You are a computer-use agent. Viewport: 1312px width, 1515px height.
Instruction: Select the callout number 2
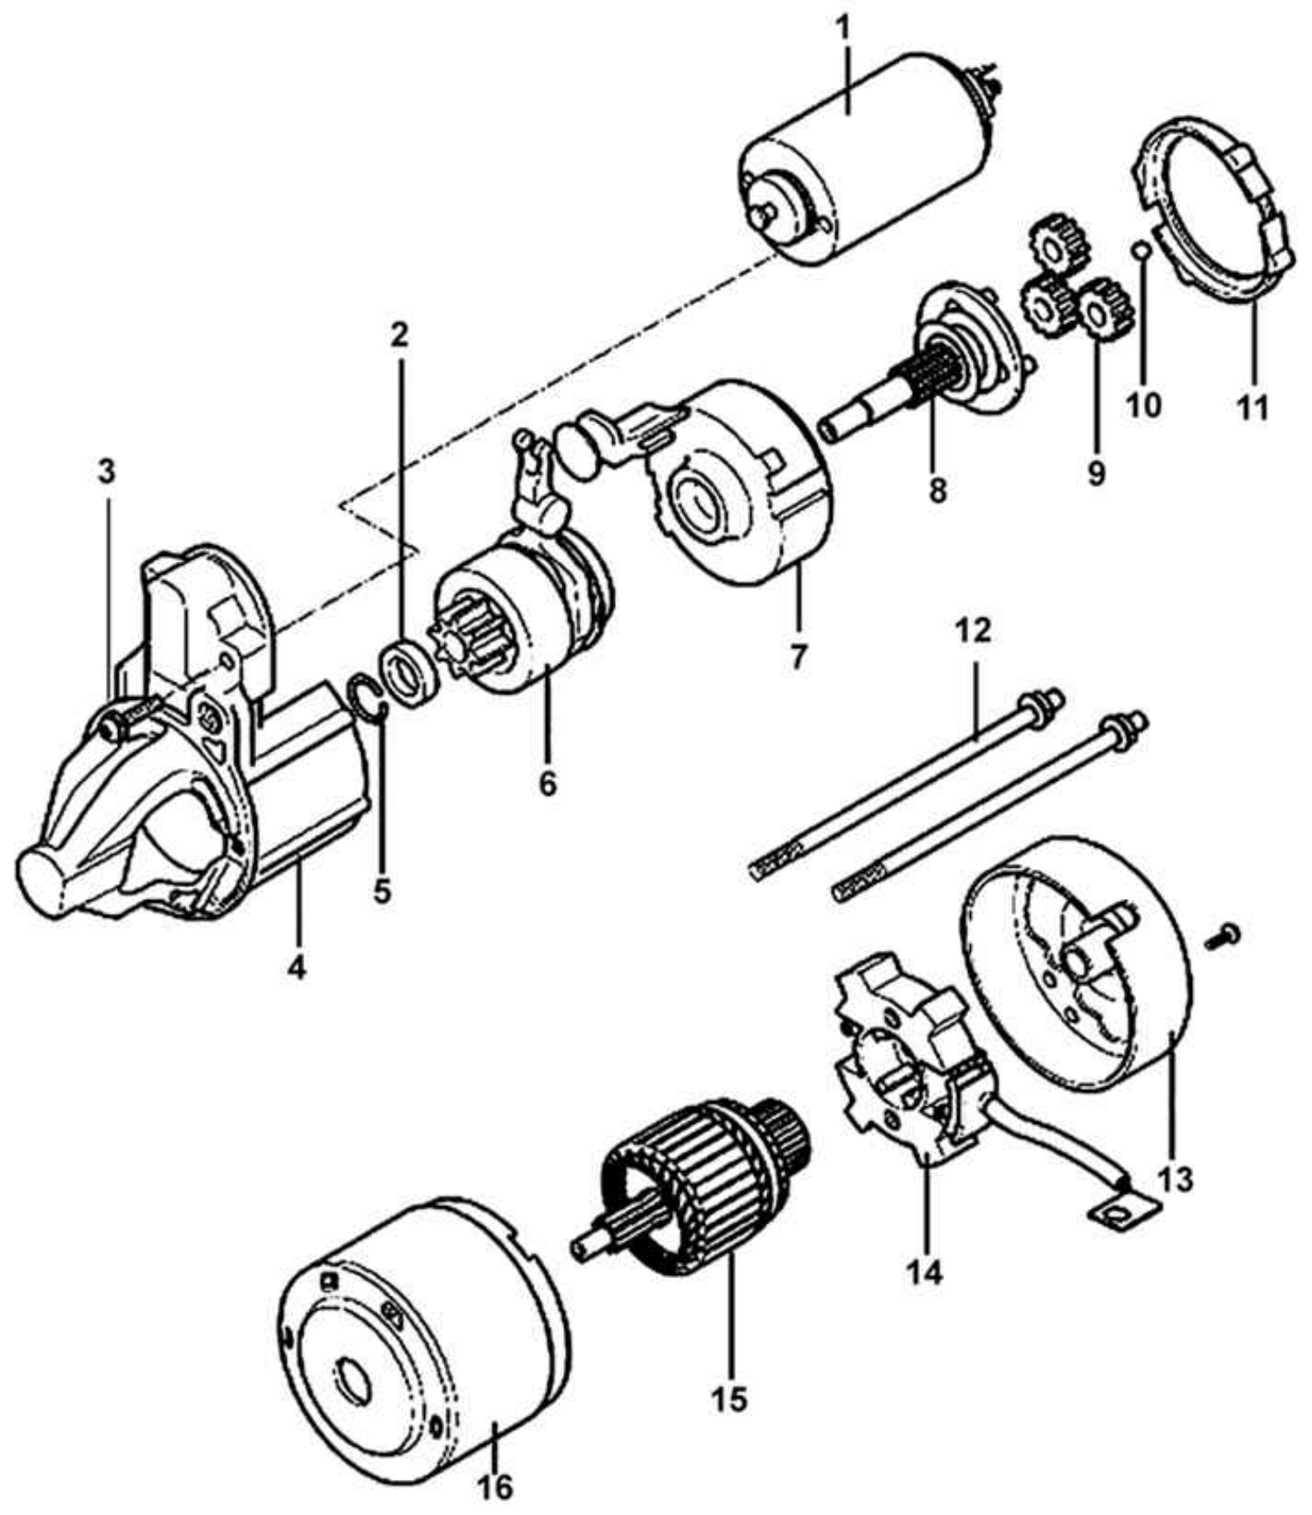[x=399, y=334]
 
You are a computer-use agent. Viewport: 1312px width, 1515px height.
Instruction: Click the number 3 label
[x=106, y=471]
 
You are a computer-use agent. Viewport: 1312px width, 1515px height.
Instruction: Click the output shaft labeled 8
[x=927, y=367]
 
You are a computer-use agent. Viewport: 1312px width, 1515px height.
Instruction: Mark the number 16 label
[x=495, y=1488]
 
